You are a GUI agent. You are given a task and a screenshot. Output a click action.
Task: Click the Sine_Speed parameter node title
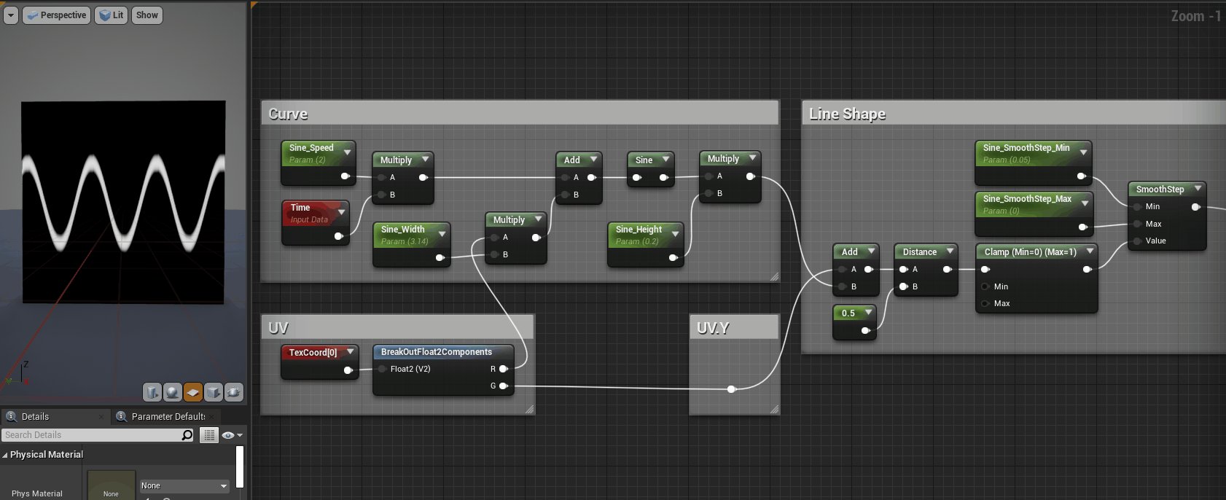(311, 148)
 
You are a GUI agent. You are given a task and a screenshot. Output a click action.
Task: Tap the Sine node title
(644, 160)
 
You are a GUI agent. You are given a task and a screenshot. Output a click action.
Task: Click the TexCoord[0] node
(313, 353)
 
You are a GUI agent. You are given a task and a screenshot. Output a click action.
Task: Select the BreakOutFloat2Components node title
(436, 352)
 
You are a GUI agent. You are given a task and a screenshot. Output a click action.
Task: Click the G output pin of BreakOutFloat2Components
(503, 386)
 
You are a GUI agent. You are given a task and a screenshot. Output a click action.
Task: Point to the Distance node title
(919, 252)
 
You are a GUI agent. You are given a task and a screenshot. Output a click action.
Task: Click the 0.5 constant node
(848, 313)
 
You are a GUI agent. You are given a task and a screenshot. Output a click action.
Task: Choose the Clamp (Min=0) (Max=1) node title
(1030, 252)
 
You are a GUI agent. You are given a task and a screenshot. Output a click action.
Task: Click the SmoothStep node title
(1160, 190)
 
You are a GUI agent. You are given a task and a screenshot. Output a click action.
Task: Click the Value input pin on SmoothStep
(1138, 241)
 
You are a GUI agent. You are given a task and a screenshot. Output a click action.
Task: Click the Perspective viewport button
(57, 15)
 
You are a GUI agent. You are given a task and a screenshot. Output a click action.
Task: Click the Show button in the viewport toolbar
(147, 15)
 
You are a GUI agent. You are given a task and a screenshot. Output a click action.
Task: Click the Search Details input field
(91, 435)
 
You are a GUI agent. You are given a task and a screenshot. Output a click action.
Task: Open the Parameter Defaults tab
(168, 417)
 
